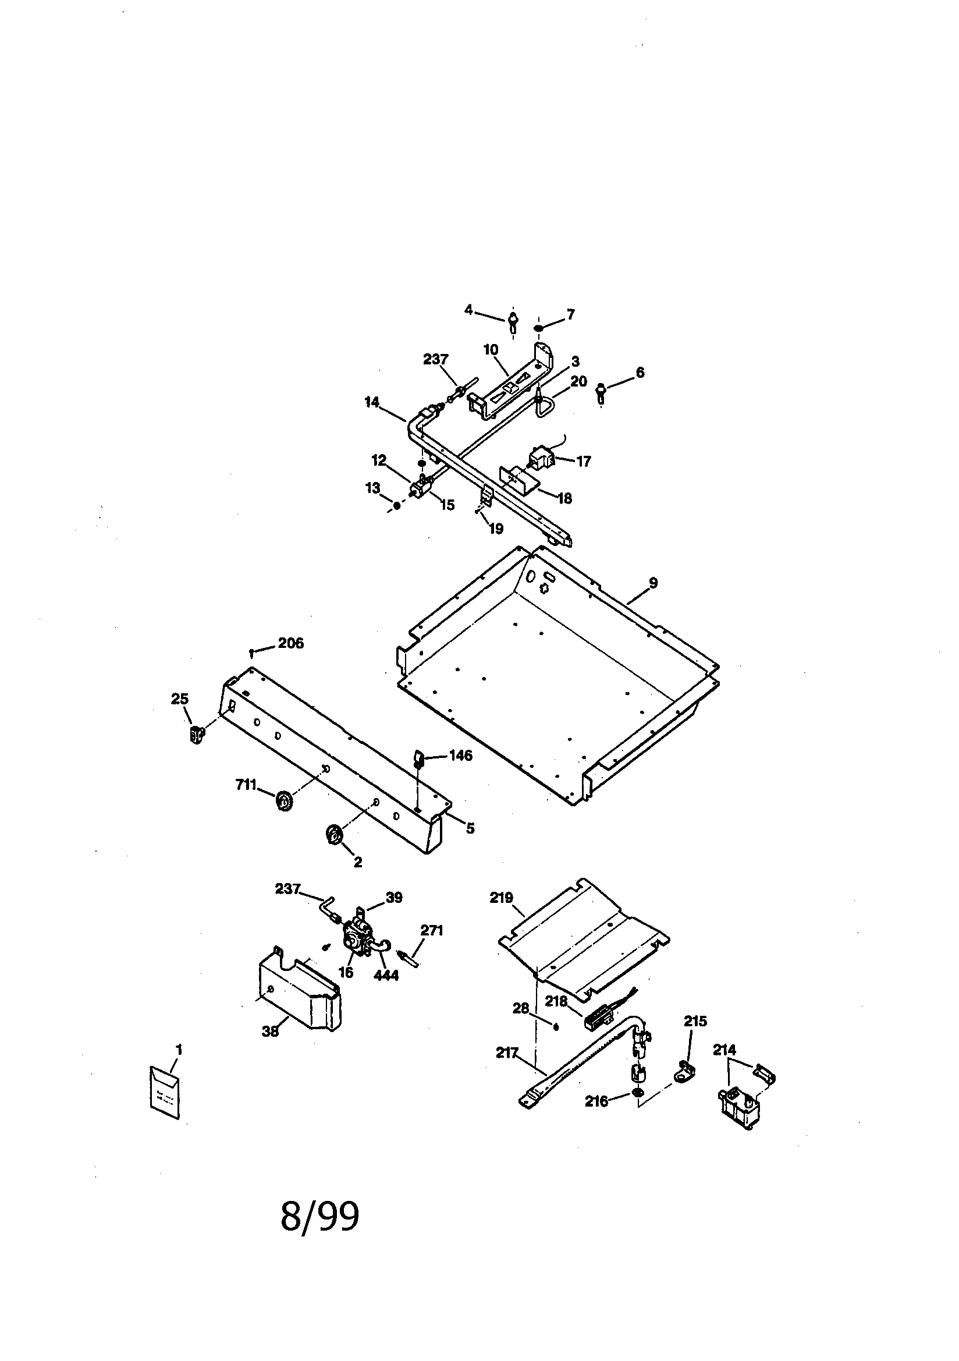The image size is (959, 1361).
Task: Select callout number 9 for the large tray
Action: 653,583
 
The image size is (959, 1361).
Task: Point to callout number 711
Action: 245,785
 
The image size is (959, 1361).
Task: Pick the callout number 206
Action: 290,643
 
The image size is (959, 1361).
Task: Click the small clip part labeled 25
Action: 196,734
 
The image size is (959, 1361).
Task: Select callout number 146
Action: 460,755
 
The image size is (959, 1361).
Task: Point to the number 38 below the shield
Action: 270,1032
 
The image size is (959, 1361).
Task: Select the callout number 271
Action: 431,931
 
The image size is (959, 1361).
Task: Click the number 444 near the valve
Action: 386,974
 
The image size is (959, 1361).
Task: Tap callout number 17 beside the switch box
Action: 583,461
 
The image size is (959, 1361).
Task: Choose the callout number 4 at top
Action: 468,310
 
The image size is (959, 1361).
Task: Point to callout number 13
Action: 372,488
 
